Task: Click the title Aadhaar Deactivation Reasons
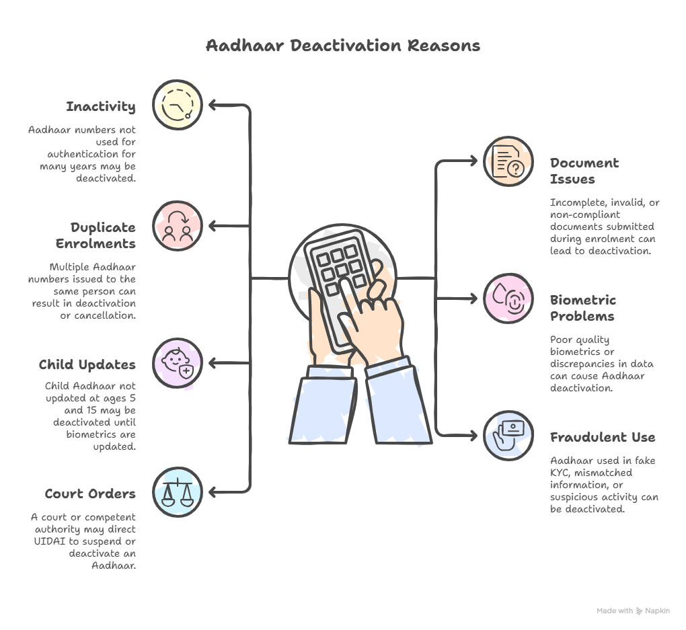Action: click(x=342, y=46)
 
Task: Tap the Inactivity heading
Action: click(x=100, y=106)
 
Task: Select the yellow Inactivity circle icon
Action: click(x=177, y=104)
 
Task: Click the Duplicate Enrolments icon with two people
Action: click(x=177, y=226)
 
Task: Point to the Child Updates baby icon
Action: click(x=177, y=363)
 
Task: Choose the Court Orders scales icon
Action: click(x=177, y=492)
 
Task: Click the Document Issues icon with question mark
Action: click(x=508, y=161)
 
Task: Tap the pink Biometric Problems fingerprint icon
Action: click(x=508, y=299)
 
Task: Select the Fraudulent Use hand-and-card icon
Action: click(x=508, y=435)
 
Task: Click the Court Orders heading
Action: click(x=89, y=494)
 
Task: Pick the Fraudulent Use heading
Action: click(x=602, y=437)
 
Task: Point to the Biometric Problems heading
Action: click(x=582, y=308)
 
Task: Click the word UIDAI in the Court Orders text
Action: click(x=48, y=541)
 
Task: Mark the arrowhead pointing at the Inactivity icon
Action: click(x=213, y=105)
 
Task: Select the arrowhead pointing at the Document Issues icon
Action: click(x=472, y=161)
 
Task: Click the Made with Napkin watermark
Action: click(x=633, y=611)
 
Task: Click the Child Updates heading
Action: click(x=87, y=364)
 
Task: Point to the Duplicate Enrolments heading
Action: click(x=102, y=235)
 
